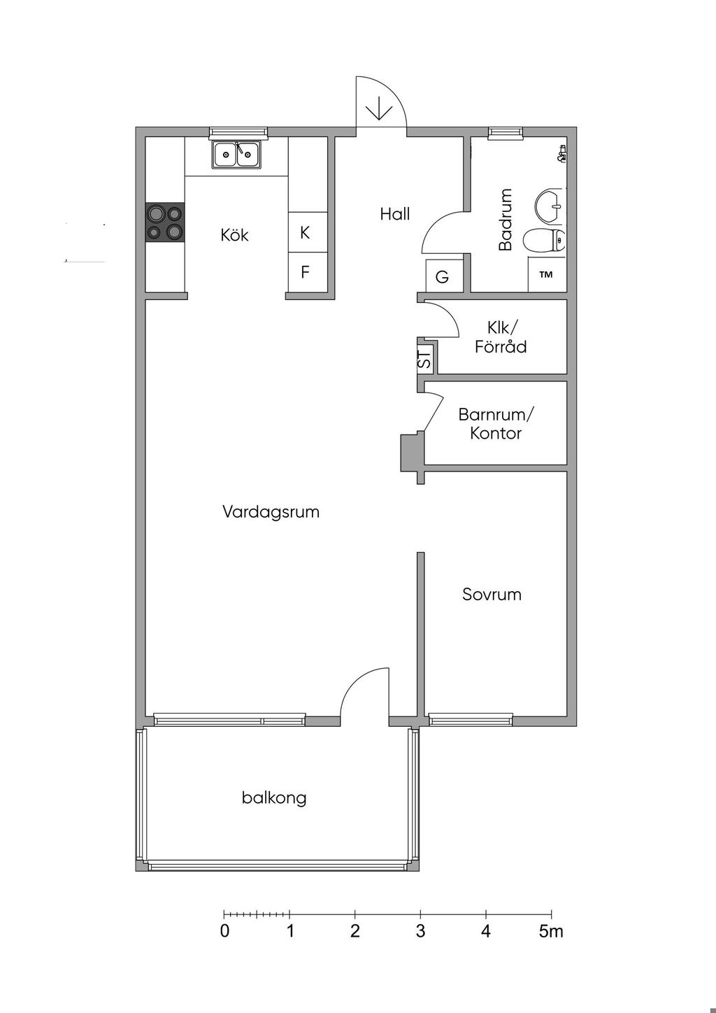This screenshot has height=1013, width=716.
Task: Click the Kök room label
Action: click(234, 235)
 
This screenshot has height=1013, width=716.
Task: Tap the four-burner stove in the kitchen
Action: click(164, 222)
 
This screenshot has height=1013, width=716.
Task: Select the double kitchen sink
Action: click(236, 154)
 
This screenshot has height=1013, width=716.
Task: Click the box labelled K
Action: click(305, 233)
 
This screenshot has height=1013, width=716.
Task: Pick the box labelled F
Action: click(305, 272)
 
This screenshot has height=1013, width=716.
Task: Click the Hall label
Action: click(394, 214)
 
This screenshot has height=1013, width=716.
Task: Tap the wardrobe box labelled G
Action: click(442, 277)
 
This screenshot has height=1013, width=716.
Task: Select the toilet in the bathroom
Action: click(543, 241)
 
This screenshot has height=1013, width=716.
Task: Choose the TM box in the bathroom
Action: click(546, 274)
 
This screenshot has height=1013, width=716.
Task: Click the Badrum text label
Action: click(506, 219)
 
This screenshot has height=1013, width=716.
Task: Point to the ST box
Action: click(424, 360)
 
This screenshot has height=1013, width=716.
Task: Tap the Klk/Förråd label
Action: click(501, 337)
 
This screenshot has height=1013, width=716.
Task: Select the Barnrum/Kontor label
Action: click(496, 423)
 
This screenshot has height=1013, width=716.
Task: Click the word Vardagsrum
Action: click(271, 511)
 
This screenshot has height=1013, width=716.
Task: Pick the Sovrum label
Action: click(492, 595)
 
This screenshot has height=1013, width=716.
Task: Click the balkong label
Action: click(274, 798)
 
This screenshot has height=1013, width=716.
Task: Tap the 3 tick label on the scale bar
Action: click(420, 931)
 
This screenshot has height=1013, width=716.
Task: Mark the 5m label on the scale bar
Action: click(551, 931)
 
